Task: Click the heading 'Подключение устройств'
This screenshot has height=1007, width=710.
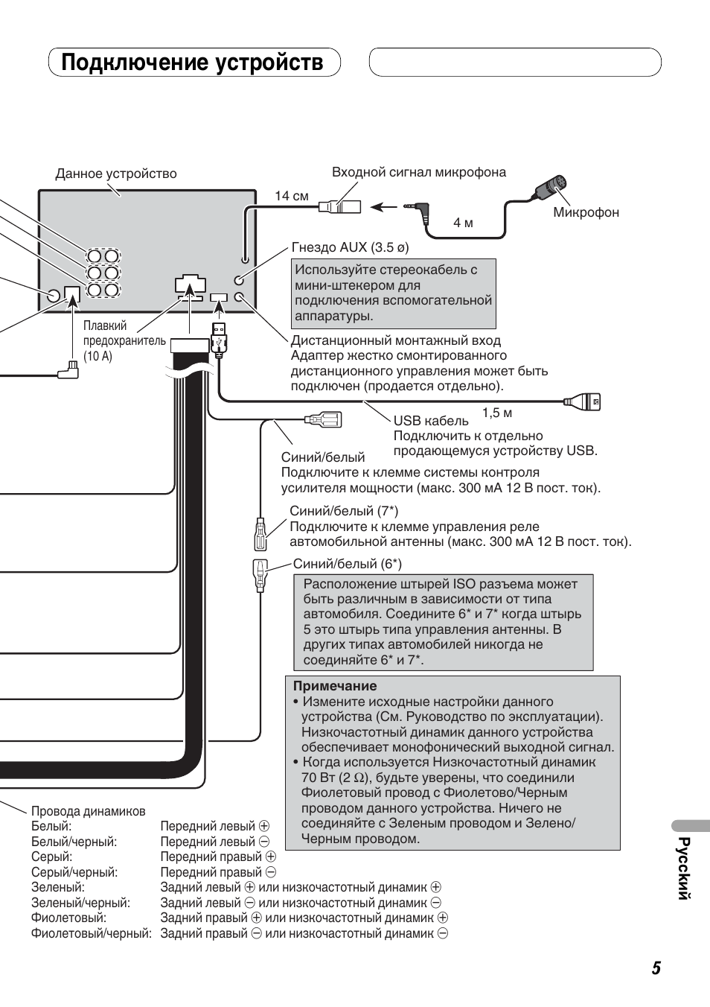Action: point(193,63)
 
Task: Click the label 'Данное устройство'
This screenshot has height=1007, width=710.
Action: point(116,174)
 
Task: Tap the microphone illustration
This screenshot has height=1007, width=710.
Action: point(551,187)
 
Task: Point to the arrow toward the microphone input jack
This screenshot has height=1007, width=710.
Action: point(384,207)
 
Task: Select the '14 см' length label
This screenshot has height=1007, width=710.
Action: point(291,196)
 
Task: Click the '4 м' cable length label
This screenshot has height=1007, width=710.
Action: point(463,223)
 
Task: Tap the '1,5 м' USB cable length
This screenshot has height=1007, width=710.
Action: point(497,413)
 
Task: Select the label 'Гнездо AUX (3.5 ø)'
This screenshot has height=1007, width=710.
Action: point(350,247)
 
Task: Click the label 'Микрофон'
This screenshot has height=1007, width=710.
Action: point(586,212)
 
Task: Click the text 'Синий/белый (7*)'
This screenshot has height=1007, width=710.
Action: point(344,511)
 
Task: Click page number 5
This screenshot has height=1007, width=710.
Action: point(656,968)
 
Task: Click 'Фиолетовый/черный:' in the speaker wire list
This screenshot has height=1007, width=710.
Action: point(91,933)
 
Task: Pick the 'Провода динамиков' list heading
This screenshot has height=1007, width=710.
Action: point(88,811)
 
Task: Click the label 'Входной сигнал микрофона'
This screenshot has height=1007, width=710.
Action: point(418,172)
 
